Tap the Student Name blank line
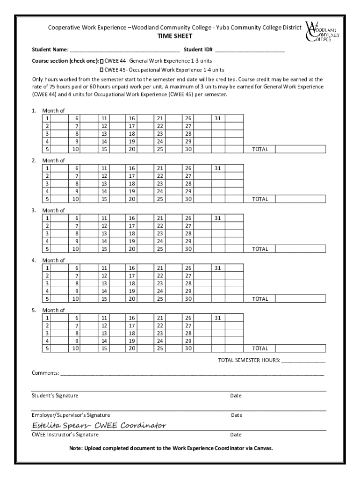(124, 49)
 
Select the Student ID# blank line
(250, 49)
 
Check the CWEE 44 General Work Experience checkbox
(102, 61)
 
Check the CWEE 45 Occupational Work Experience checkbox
(102, 70)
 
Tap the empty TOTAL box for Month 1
(300, 149)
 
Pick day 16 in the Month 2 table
(132, 168)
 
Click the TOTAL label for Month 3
(260, 249)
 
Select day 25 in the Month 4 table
(160, 298)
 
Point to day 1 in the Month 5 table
(47, 318)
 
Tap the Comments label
(45, 373)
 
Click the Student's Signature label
(55, 396)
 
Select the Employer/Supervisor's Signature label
(71, 415)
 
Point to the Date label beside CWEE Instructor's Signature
(236, 435)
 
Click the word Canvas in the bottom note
(262, 448)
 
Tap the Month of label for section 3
(53, 210)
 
